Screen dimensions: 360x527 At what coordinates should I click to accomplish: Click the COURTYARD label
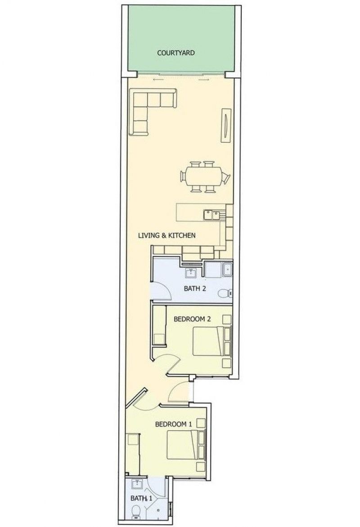click(176, 53)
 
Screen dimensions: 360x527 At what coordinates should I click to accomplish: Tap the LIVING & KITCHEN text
click(166, 235)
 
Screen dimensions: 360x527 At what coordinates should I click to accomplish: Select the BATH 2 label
click(194, 288)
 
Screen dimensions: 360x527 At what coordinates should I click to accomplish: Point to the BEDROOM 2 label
click(192, 319)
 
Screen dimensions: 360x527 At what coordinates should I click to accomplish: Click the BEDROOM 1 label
click(173, 424)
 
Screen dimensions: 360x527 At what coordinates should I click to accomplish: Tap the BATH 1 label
click(141, 498)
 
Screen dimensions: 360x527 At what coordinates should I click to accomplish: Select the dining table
click(205, 177)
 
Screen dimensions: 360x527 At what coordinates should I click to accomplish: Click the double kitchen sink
click(211, 214)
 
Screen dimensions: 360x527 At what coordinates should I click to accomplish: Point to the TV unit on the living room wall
click(226, 125)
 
